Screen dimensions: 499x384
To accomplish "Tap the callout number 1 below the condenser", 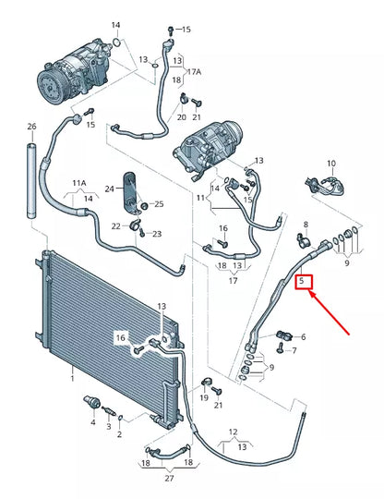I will (x=71, y=378).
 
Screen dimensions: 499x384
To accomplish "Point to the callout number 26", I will (x=30, y=127).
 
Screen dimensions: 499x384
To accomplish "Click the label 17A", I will (x=192, y=71).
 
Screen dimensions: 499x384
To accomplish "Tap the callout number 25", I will (x=158, y=203).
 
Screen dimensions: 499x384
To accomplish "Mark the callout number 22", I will (x=116, y=225).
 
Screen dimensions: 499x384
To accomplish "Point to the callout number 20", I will (x=182, y=117).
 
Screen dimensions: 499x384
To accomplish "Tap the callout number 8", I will (x=306, y=225).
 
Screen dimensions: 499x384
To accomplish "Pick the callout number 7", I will (x=294, y=350).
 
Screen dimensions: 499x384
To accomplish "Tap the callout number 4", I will (x=92, y=422).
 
